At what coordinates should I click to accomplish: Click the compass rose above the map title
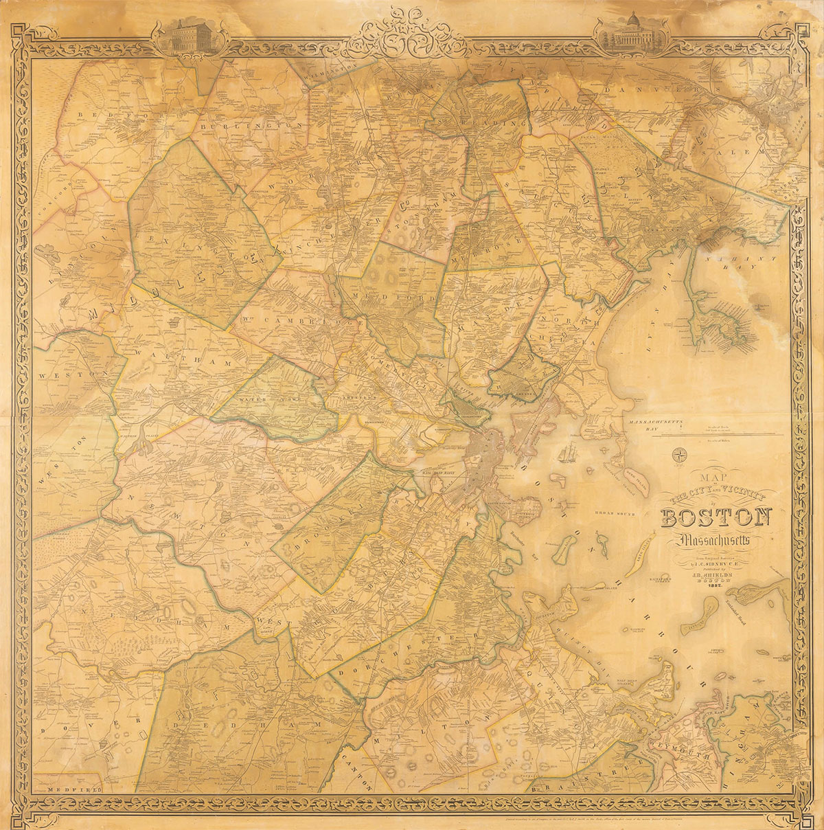click(680, 453)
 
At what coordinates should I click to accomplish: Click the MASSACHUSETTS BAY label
click(665, 421)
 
